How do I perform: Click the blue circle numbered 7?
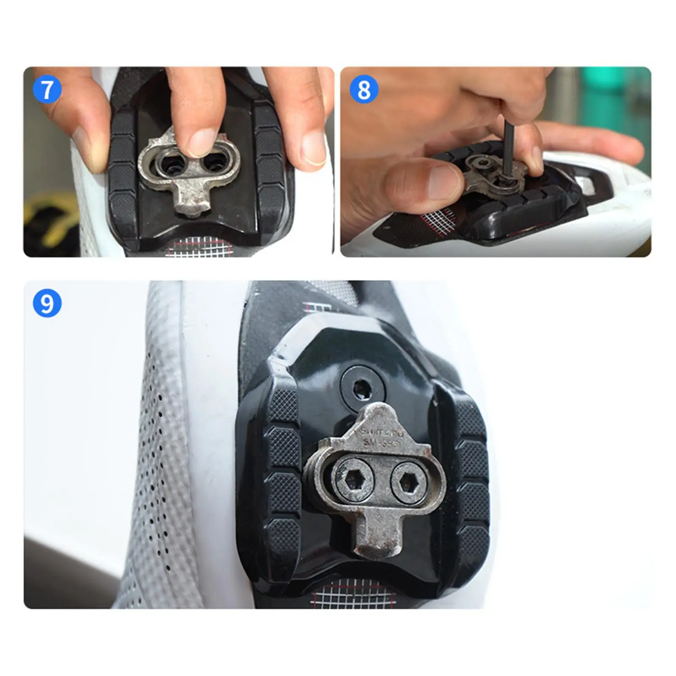[x=47, y=89]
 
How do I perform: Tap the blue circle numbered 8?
[x=364, y=90]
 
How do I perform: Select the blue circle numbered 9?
[x=47, y=303]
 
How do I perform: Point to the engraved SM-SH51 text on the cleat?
[x=383, y=443]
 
